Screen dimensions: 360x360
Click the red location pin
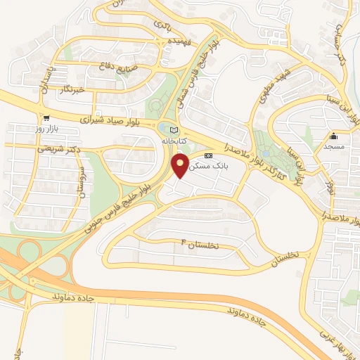pyautogui.click(x=181, y=166)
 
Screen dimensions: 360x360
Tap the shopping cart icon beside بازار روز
pyautogui.click(x=46, y=118)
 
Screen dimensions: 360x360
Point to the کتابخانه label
pyautogui.click(x=176, y=141)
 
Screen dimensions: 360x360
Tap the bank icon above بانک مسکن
pyautogui.click(x=208, y=155)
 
